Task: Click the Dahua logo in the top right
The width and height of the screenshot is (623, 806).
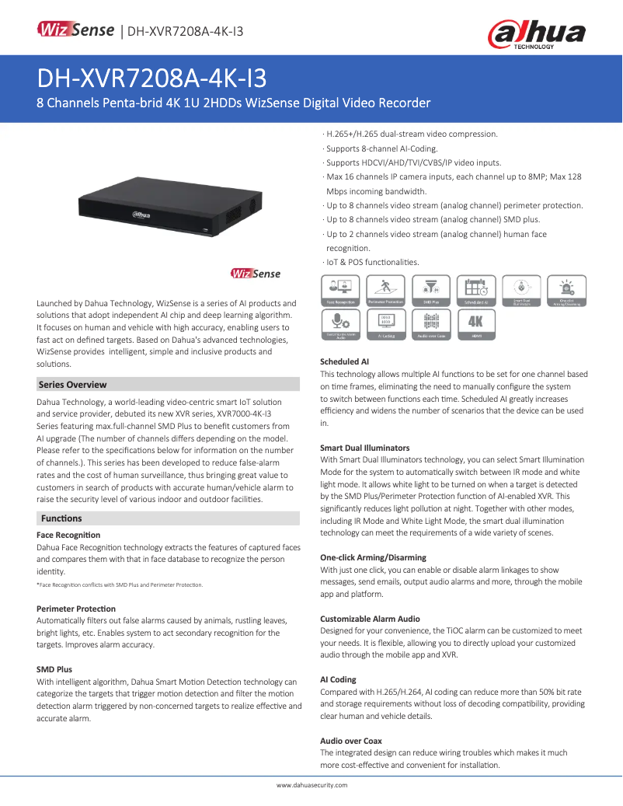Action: click(536, 33)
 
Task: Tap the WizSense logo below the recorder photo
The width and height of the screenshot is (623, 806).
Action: click(256, 274)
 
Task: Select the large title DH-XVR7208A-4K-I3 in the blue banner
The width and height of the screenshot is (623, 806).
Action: click(152, 79)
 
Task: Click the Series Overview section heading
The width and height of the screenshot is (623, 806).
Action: click(73, 385)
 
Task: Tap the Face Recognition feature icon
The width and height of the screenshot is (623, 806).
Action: click(340, 290)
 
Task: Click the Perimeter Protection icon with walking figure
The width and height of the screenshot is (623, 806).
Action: click(385, 290)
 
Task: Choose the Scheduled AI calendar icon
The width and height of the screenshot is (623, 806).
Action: click(475, 290)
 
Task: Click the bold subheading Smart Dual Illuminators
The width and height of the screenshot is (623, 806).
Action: click(365, 448)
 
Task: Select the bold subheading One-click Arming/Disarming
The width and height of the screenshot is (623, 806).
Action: click(373, 558)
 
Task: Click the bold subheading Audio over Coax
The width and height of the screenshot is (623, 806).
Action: click(351, 741)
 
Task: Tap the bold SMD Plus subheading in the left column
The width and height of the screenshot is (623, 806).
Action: click(54, 669)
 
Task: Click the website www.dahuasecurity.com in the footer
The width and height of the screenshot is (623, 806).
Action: click(311, 785)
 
